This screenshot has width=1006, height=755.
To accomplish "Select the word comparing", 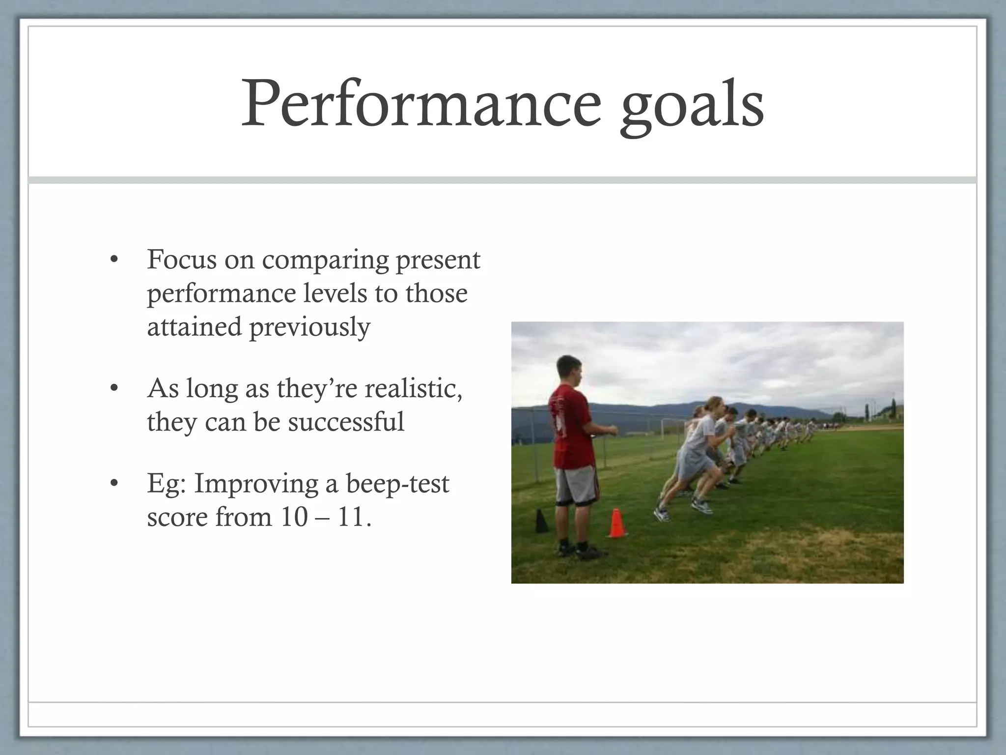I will [325, 261].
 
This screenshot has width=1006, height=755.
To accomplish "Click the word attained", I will [194, 326].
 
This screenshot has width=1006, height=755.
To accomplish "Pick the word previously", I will [309, 328].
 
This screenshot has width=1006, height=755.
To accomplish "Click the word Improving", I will [255, 484].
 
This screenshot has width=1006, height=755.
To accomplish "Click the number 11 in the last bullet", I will [351, 517].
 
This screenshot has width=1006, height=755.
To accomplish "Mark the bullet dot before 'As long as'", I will [114, 389].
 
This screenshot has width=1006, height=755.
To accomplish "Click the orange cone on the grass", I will [617, 523].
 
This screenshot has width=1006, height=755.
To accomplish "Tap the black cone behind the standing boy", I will [541, 521].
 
